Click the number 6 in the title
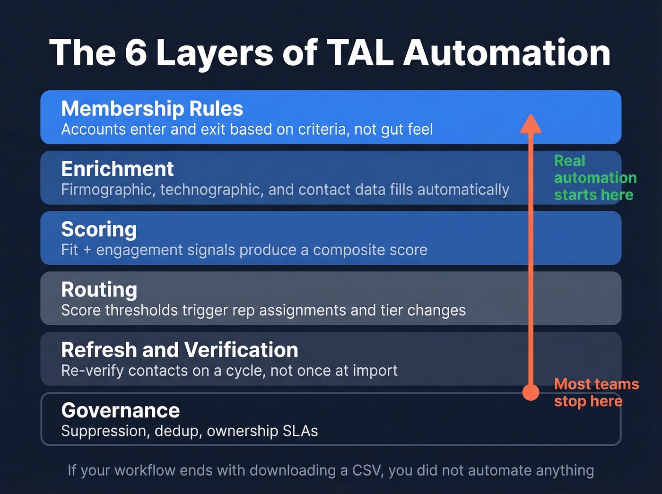(136, 52)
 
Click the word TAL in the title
(360, 52)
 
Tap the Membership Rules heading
(152, 109)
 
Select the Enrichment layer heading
(117, 169)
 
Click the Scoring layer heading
(99, 229)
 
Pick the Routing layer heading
(99, 290)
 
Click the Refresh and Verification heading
(180, 350)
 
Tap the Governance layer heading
(120, 410)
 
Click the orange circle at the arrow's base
(531, 392)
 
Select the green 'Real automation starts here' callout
(594, 178)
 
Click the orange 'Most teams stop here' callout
(596, 392)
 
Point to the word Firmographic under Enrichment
(106, 190)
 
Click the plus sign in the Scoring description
(87, 250)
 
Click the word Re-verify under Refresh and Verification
(92, 371)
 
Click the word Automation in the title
(506, 52)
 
